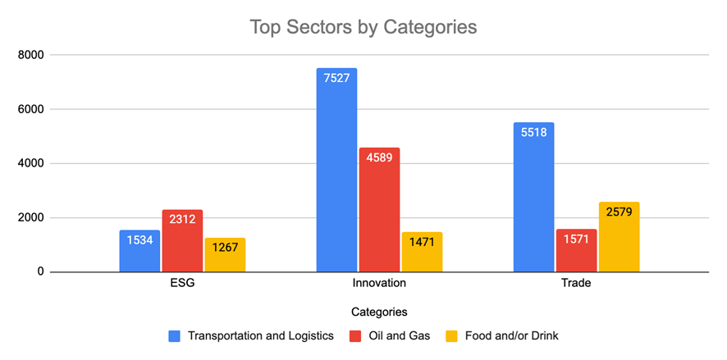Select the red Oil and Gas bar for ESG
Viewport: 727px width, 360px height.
(182, 246)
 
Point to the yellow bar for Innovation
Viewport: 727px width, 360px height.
(422, 254)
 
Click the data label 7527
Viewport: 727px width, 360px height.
(336, 80)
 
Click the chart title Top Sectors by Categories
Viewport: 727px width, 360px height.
(363, 27)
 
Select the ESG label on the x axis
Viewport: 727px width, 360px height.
(182, 284)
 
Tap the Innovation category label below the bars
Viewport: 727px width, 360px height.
(379, 284)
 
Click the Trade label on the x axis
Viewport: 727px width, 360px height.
(576, 284)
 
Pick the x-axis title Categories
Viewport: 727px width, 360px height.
(379, 312)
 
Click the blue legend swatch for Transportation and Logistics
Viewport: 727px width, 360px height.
(174, 335)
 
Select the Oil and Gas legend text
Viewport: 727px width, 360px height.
(399, 335)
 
